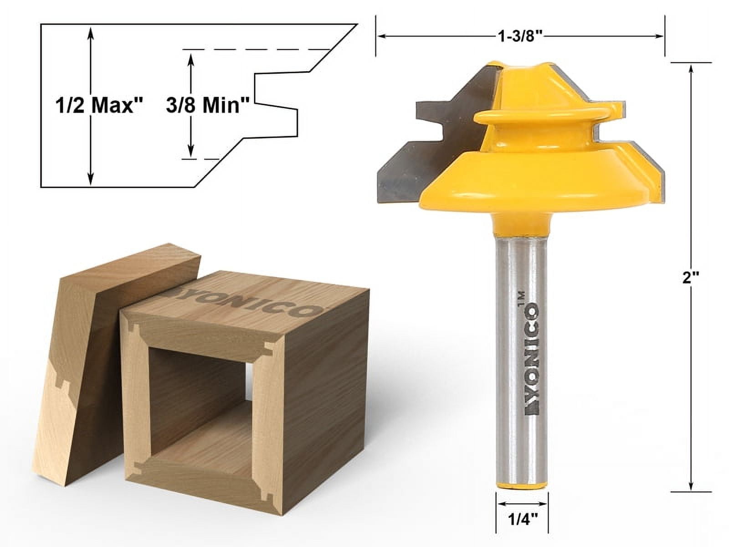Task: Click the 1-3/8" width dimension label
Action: point(520,36)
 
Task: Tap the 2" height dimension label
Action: point(691,277)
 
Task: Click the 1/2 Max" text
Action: point(99,106)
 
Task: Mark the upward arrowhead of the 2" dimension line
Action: point(691,68)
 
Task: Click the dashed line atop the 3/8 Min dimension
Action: point(255,49)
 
